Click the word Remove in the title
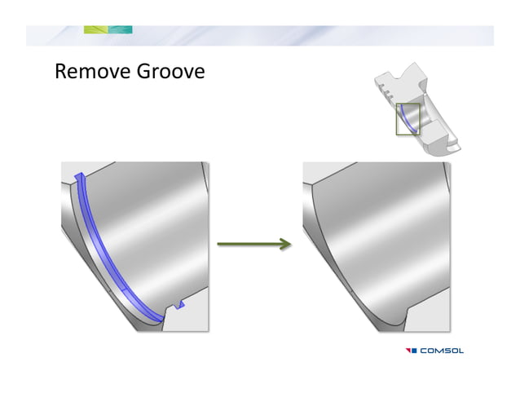point(89,72)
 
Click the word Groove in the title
point(166,72)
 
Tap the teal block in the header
point(120,30)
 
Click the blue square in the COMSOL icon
point(414,351)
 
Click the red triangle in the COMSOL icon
point(407,351)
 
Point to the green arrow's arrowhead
point(285,244)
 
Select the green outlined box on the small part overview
point(408,119)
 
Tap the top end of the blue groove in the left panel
point(79,177)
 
